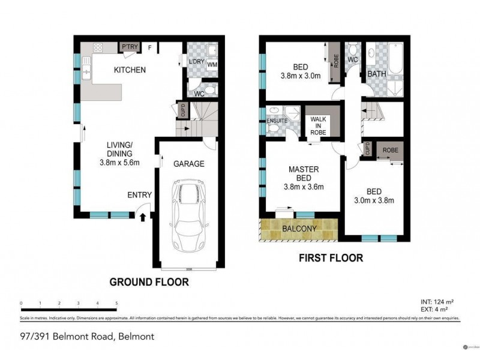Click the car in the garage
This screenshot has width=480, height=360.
[190, 216]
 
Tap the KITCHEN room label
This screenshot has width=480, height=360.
[130, 70]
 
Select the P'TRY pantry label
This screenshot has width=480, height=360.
[128, 47]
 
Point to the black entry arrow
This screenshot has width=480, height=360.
[142, 218]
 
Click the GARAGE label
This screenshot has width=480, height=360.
[189, 163]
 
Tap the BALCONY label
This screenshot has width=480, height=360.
[298, 229]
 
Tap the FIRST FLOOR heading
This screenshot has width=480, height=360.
[332, 259]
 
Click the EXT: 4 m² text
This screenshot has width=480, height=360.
[434, 308]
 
